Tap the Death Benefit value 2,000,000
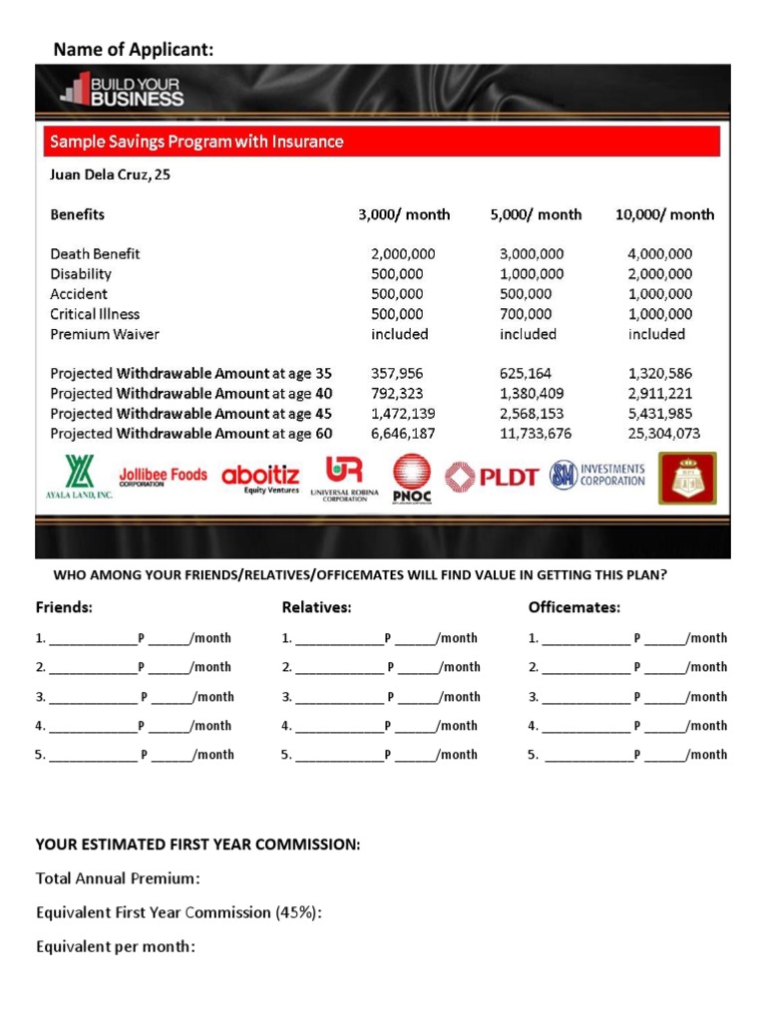(x=403, y=254)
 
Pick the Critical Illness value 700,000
(x=531, y=314)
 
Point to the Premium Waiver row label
(x=105, y=334)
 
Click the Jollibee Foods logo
(x=163, y=476)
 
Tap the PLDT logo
(x=491, y=478)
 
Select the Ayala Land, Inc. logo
(x=76, y=479)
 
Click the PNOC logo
(x=412, y=479)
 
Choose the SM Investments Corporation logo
(x=598, y=475)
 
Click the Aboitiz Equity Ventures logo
(x=261, y=479)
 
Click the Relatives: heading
(x=316, y=607)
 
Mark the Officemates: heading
(x=574, y=607)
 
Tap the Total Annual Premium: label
(x=118, y=878)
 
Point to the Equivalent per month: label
(x=115, y=946)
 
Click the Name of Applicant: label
(x=133, y=49)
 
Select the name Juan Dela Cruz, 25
(x=110, y=174)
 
